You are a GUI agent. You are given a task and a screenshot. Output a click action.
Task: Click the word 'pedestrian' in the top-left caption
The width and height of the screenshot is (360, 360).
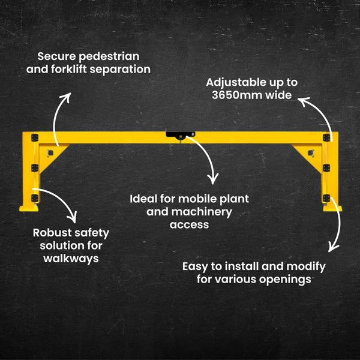click(110, 56)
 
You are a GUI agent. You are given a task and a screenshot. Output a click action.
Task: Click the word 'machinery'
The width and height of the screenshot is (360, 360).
click(205, 211)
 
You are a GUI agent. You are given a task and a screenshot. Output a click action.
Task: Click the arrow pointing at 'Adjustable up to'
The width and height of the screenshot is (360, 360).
click(318, 114)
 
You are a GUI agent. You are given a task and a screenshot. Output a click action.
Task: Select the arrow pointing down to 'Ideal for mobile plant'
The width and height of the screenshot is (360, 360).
click(204, 159)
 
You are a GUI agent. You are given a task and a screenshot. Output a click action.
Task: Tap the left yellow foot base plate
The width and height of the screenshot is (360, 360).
click(29, 208)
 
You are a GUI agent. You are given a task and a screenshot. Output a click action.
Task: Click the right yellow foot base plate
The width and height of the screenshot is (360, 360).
click(331, 208)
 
